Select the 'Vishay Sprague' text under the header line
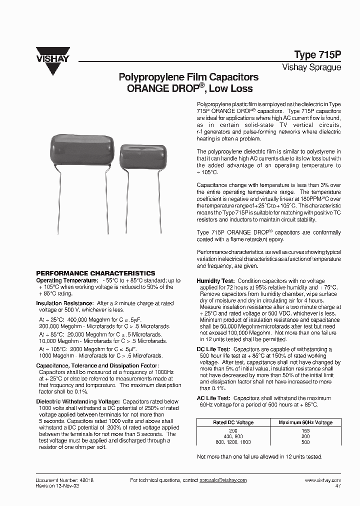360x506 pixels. point(311,67)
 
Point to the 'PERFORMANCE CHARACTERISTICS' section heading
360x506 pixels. point(95,273)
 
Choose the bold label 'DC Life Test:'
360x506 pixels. point(213,349)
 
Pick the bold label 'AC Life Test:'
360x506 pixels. point(213,398)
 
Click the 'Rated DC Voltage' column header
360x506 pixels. point(234,422)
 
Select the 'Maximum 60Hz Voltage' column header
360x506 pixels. point(305,422)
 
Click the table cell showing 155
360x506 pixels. point(305,430)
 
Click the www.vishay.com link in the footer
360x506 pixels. point(323,480)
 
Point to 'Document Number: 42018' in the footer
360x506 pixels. point(65,480)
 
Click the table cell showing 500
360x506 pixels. point(305,442)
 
